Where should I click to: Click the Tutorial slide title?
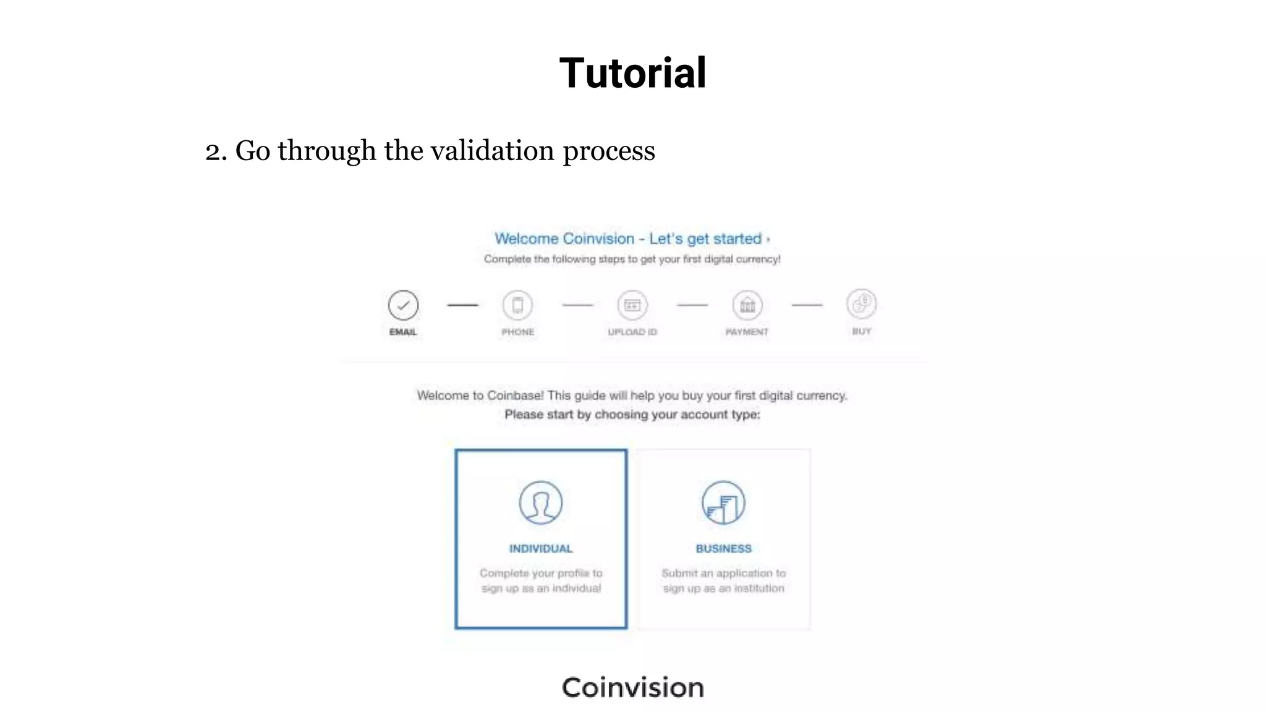click(x=632, y=73)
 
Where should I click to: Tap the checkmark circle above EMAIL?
click(x=403, y=305)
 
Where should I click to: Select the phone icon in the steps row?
click(x=517, y=305)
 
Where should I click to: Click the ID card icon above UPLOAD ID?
click(x=632, y=305)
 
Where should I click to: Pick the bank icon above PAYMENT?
click(x=747, y=305)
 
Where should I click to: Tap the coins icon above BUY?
click(x=861, y=303)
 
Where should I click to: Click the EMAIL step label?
click(x=403, y=332)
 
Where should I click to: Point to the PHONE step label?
click(x=517, y=332)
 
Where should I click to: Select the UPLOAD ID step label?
click(x=632, y=332)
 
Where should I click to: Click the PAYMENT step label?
click(x=747, y=332)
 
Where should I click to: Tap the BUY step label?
click(x=861, y=331)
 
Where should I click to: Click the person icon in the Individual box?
click(x=541, y=502)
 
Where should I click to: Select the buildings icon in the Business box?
click(x=723, y=502)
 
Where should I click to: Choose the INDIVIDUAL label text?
click(x=541, y=549)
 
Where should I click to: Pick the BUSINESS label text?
click(x=723, y=549)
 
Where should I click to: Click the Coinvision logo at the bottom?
click(x=632, y=687)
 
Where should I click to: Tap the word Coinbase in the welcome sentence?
click(x=515, y=396)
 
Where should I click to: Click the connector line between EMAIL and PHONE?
click(x=462, y=305)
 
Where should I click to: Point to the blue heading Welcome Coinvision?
click(x=564, y=239)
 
